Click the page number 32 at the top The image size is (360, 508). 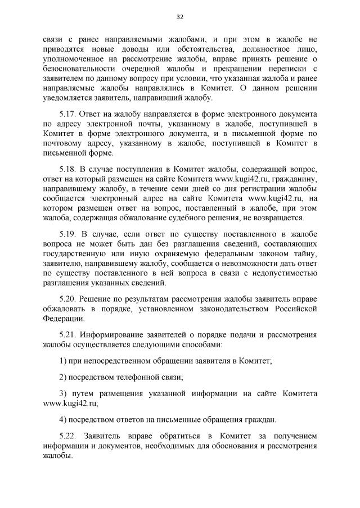pyautogui.click(x=180, y=17)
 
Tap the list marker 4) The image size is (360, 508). pyautogui.click(x=64, y=419)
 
